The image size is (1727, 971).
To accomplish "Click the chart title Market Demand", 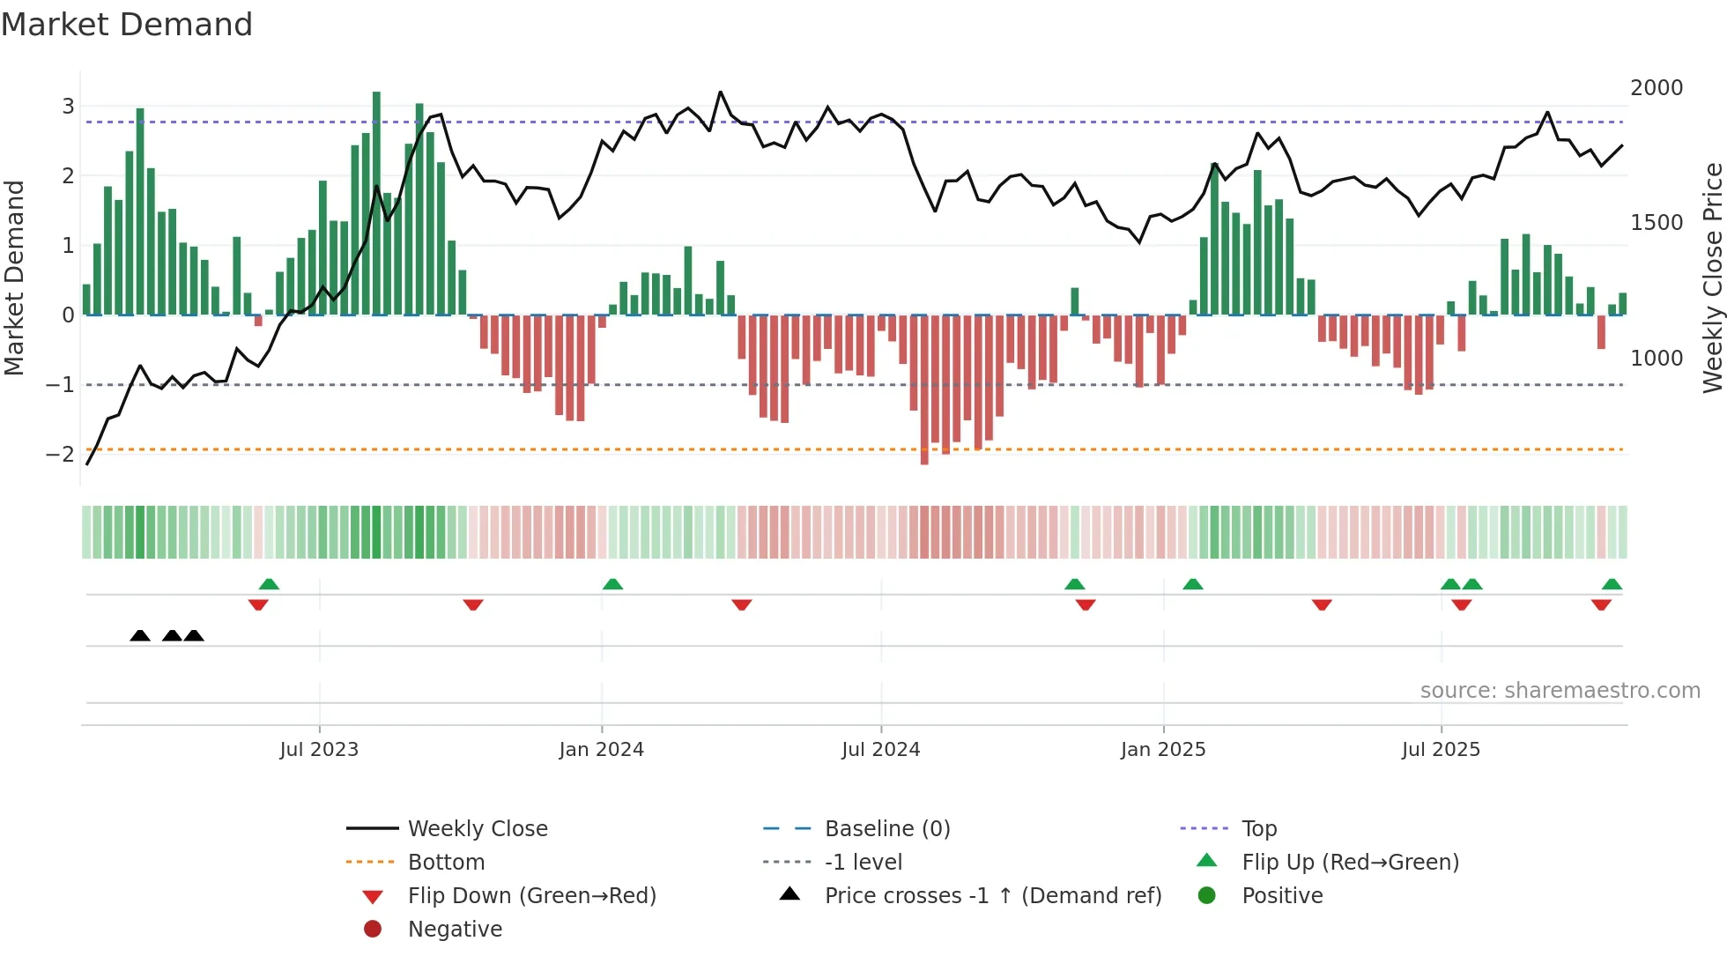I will tap(127, 25).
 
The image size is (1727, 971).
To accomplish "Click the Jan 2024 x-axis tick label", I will tap(601, 750).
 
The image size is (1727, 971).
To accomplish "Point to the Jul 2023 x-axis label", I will tap(319, 750).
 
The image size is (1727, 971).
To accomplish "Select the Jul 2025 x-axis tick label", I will tap(1441, 750).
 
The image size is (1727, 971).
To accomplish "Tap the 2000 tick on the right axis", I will tap(1656, 88).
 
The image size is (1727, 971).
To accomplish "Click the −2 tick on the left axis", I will tap(60, 455).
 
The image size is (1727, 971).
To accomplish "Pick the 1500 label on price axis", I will tap(1656, 223).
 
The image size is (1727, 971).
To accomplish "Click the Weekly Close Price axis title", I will tap(1712, 278).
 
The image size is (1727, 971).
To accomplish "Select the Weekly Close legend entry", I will tap(477, 829).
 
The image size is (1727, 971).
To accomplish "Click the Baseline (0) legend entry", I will tap(886, 829).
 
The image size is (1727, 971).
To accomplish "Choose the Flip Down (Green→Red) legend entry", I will tap(531, 896).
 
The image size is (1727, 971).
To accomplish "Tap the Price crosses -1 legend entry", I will tap(992, 896).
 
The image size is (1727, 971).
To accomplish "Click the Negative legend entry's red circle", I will tap(373, 930).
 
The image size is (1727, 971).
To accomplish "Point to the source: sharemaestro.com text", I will tap(1560, 691).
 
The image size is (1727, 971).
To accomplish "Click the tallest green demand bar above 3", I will tap(376, 203).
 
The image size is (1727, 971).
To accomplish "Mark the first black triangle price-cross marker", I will tap(140, 635).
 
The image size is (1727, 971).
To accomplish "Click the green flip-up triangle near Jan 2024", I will tap(612, 584).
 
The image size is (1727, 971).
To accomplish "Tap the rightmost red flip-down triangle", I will tap(1601, 604).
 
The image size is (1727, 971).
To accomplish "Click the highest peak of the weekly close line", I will tap(720, 93).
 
